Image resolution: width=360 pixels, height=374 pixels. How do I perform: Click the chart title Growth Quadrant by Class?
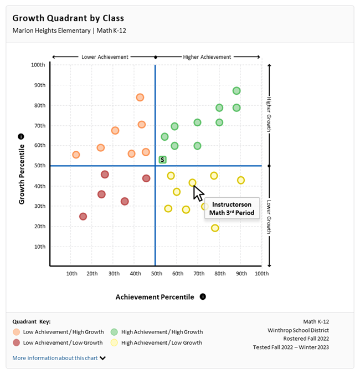click(68, 18)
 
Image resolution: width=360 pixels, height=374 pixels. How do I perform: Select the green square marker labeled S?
click(162, 160)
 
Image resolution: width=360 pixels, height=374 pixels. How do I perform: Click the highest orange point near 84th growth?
click(140, 98)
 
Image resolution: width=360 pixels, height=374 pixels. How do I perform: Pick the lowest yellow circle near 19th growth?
click(215, 228)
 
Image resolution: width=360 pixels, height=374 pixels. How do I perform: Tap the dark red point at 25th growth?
click(83, 217)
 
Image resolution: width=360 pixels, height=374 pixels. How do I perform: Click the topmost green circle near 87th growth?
click(236, 91)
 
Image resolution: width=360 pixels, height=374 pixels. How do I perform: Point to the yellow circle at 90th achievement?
click(241, 180)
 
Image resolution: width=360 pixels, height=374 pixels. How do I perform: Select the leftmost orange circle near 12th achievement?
click(76, 155)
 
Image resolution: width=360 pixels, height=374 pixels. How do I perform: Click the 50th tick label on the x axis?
click(156, 273)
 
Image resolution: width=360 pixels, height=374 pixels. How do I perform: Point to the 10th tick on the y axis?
click(40, 247)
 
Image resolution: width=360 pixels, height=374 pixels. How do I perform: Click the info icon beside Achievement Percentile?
click(203, 296)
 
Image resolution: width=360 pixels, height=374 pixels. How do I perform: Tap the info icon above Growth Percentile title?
click(20, 137)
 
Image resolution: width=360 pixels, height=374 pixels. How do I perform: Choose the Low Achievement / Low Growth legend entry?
click(58, 342)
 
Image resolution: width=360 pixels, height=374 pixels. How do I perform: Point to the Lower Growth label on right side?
click(269, 217)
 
